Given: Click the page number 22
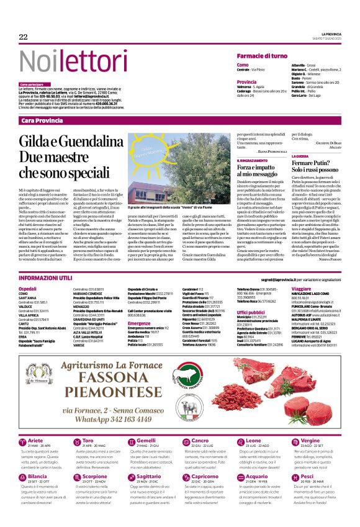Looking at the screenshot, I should coord(24,37).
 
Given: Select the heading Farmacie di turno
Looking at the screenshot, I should coord(262,56).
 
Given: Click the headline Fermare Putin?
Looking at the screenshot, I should coord(313,163).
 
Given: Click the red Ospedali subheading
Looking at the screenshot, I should coord(28,289).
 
